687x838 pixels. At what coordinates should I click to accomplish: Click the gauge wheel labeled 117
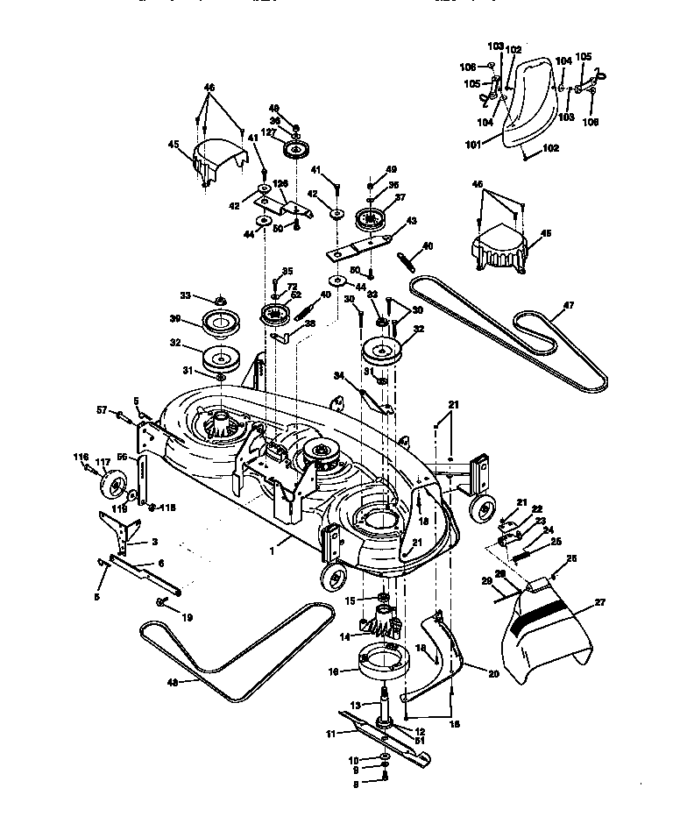pos(114,482)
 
